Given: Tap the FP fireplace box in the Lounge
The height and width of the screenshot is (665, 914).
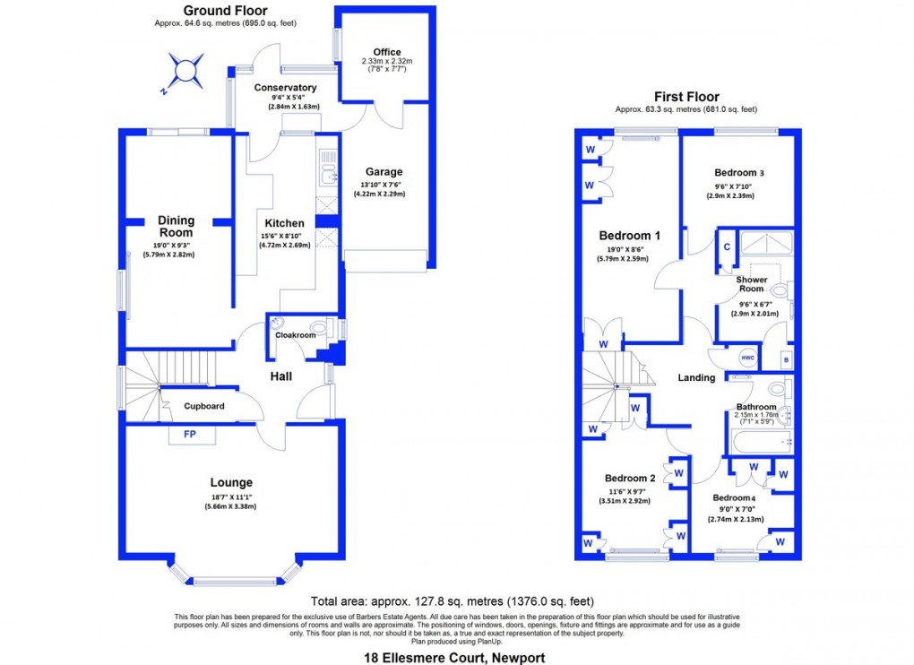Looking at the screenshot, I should click(189, 435).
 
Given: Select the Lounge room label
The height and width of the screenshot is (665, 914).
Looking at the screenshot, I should click(232, 482).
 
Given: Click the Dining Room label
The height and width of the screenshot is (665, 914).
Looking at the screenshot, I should click(176, 226).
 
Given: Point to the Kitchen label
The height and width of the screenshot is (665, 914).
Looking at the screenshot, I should click(284, 223).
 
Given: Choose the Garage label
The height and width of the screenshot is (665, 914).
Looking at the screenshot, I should click(384, 171).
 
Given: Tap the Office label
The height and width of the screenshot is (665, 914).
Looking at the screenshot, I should click(387, 52).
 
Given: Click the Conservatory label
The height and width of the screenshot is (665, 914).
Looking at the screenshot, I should click(285, 88).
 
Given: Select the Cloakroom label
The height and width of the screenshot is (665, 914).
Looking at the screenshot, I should click(295, 335).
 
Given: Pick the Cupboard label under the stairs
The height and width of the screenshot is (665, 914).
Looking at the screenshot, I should click(204, 406).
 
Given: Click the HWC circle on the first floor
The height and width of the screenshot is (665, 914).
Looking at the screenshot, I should click(747, 358).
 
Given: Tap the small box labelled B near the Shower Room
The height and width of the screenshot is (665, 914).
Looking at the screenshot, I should click(785, 359).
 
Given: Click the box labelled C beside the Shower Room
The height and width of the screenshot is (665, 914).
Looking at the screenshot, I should click(727, 246).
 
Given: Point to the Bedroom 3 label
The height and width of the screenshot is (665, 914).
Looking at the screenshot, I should click(739, 172).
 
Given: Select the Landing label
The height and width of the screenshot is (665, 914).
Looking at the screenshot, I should click(696, 377).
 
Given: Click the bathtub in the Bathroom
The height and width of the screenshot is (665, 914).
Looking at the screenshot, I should click(757, 442).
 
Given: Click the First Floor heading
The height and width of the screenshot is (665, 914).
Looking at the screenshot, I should click(686, 97).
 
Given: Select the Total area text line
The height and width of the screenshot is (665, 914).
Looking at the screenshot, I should click(452, 601).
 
